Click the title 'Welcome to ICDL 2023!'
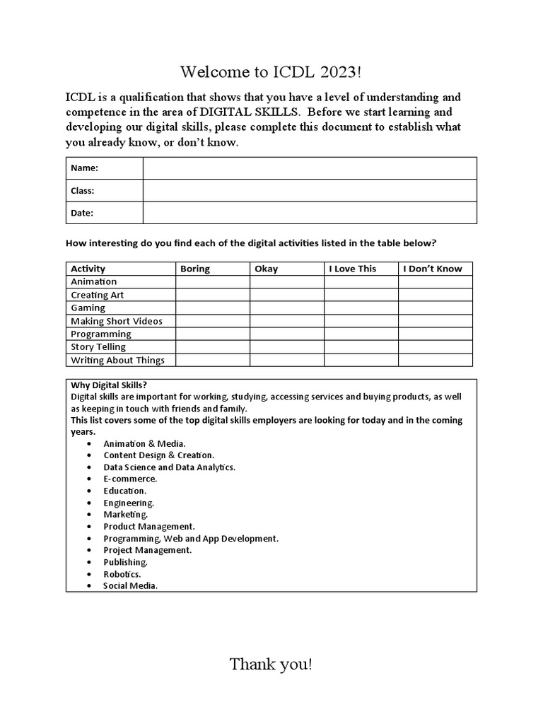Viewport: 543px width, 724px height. [x=271, y=72]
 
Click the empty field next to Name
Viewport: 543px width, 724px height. [x=310, y=168]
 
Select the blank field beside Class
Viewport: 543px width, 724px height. [x=310, y=191]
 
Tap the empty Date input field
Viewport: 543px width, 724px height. [x=310, y=213]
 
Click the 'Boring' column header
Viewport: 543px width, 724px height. [x=195, y=269]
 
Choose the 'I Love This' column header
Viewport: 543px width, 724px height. [x=353, y=269]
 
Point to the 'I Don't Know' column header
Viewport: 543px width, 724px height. [x=432, y=269]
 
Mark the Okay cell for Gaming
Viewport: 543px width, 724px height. [x=286, y=308]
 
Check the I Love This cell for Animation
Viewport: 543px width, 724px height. [x=361, y=282]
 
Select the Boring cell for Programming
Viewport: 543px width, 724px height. [x=212, y=334]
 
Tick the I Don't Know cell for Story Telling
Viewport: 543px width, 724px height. [x=435, y=347]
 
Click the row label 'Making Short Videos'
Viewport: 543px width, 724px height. [x=117, y=321]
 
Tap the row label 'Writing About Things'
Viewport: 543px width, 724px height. [x=117, y=361]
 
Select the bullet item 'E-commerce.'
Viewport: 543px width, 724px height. [x=130, y=479]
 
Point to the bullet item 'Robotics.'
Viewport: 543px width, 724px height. [x=122, y=574]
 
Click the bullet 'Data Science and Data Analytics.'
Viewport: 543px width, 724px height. [x=169, y=467]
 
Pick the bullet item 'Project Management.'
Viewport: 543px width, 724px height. [x=147, y=550]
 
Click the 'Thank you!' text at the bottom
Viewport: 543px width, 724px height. [x=270, y=665]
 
